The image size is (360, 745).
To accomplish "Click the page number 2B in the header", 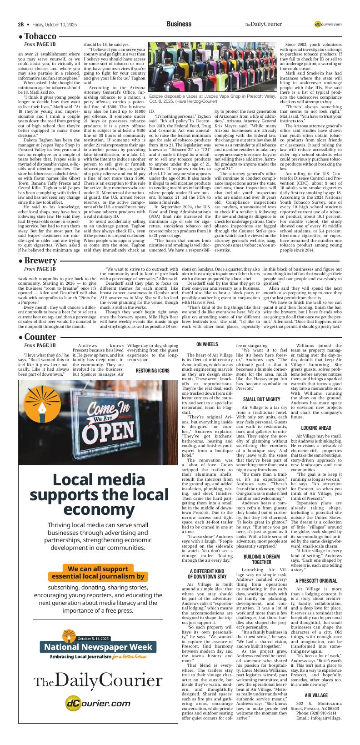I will pyautogui.click(x=21, y=24).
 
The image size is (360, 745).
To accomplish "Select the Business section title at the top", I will pyautogui.click(x=179, y=24).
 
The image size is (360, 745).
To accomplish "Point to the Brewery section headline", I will pyautogui.click(x=40, y=261).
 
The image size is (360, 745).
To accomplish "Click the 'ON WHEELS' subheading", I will pyautogui.click(x=207, y=345).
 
